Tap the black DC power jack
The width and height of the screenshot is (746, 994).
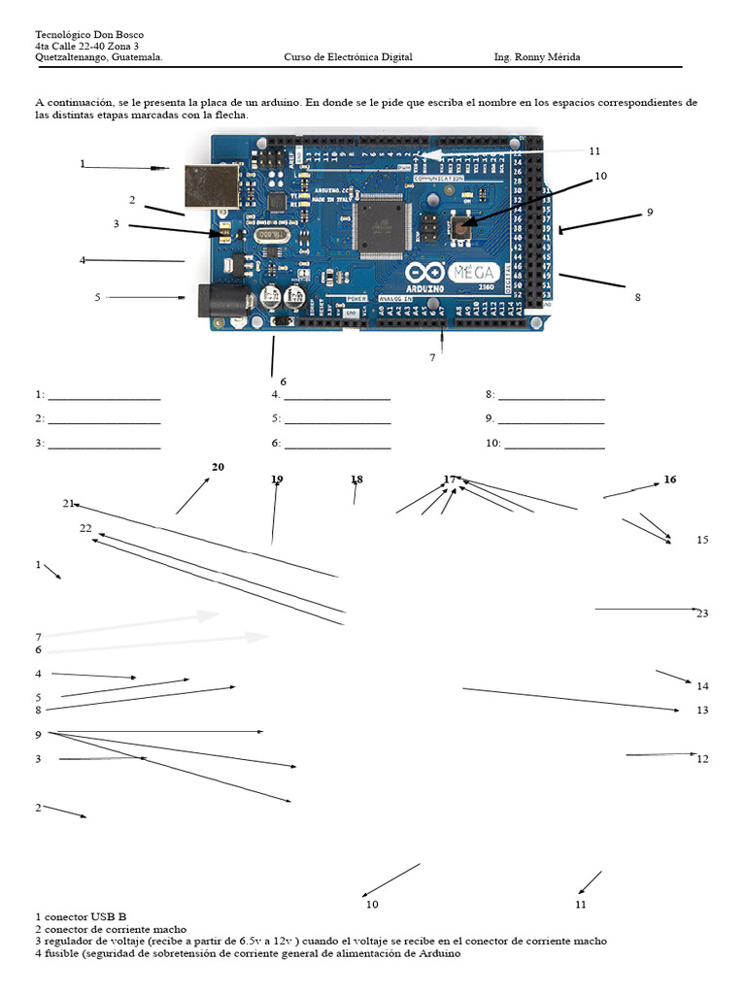(x=217, y=302)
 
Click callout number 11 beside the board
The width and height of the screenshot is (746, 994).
(x=594, y=150)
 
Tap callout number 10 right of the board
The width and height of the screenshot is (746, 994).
(x=600, y=176)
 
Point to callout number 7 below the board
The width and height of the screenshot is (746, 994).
(x=433, y=357)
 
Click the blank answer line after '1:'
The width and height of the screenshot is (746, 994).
(x=104, y=399)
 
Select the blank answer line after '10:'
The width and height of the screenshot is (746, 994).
(x=555, y=447)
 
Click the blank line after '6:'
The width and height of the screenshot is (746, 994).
(x=338, y=447)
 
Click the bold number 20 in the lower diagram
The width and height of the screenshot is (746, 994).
(x=218, y=467)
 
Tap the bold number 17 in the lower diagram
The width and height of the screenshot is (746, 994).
(x=450, y=480)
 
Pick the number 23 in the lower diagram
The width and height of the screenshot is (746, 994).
(x=703, y=613)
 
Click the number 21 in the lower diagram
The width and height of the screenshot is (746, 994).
(x=68, y=503)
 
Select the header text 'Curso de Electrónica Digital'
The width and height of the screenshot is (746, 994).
(x=348, y=57)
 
